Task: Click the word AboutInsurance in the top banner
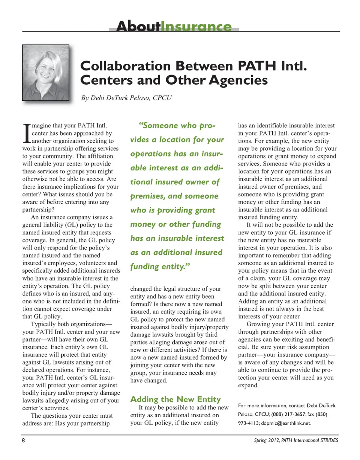pos(174,27)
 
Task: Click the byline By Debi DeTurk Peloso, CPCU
pos(126,98)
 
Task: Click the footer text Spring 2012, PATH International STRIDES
pos(296,440)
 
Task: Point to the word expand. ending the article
pos(249,385)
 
